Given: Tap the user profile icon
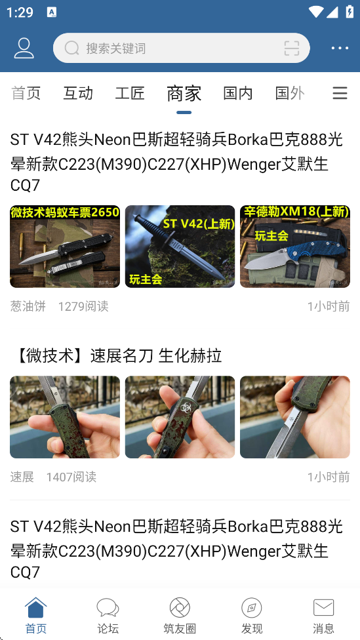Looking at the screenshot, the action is pos(24,48).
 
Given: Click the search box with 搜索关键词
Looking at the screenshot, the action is pos(181,48).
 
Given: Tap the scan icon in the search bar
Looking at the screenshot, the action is pos(292,48).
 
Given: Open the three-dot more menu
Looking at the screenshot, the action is pos(340,48).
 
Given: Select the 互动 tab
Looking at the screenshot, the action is pos(78,94).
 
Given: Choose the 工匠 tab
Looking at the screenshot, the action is pos(130,94).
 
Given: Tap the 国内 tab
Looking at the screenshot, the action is pos(238,94).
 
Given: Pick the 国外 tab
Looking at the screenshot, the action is pos(290,94).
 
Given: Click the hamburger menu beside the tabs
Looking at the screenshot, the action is pos(340,94).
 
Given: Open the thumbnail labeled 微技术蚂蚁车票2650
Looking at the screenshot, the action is pos(65,247).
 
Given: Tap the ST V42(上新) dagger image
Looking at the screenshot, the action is pos(180,247).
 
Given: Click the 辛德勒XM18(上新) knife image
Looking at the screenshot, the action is pos(295,247).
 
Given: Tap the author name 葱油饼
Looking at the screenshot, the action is pos(28,306).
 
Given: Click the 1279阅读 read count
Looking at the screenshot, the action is pos(83,306).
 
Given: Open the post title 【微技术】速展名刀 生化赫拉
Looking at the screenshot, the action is pos(116,356).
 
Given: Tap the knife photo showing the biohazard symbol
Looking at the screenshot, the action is pos(180,417).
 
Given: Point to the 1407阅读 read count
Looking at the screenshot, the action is pos(71,477).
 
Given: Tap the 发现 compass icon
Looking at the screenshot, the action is pos(251,608).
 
